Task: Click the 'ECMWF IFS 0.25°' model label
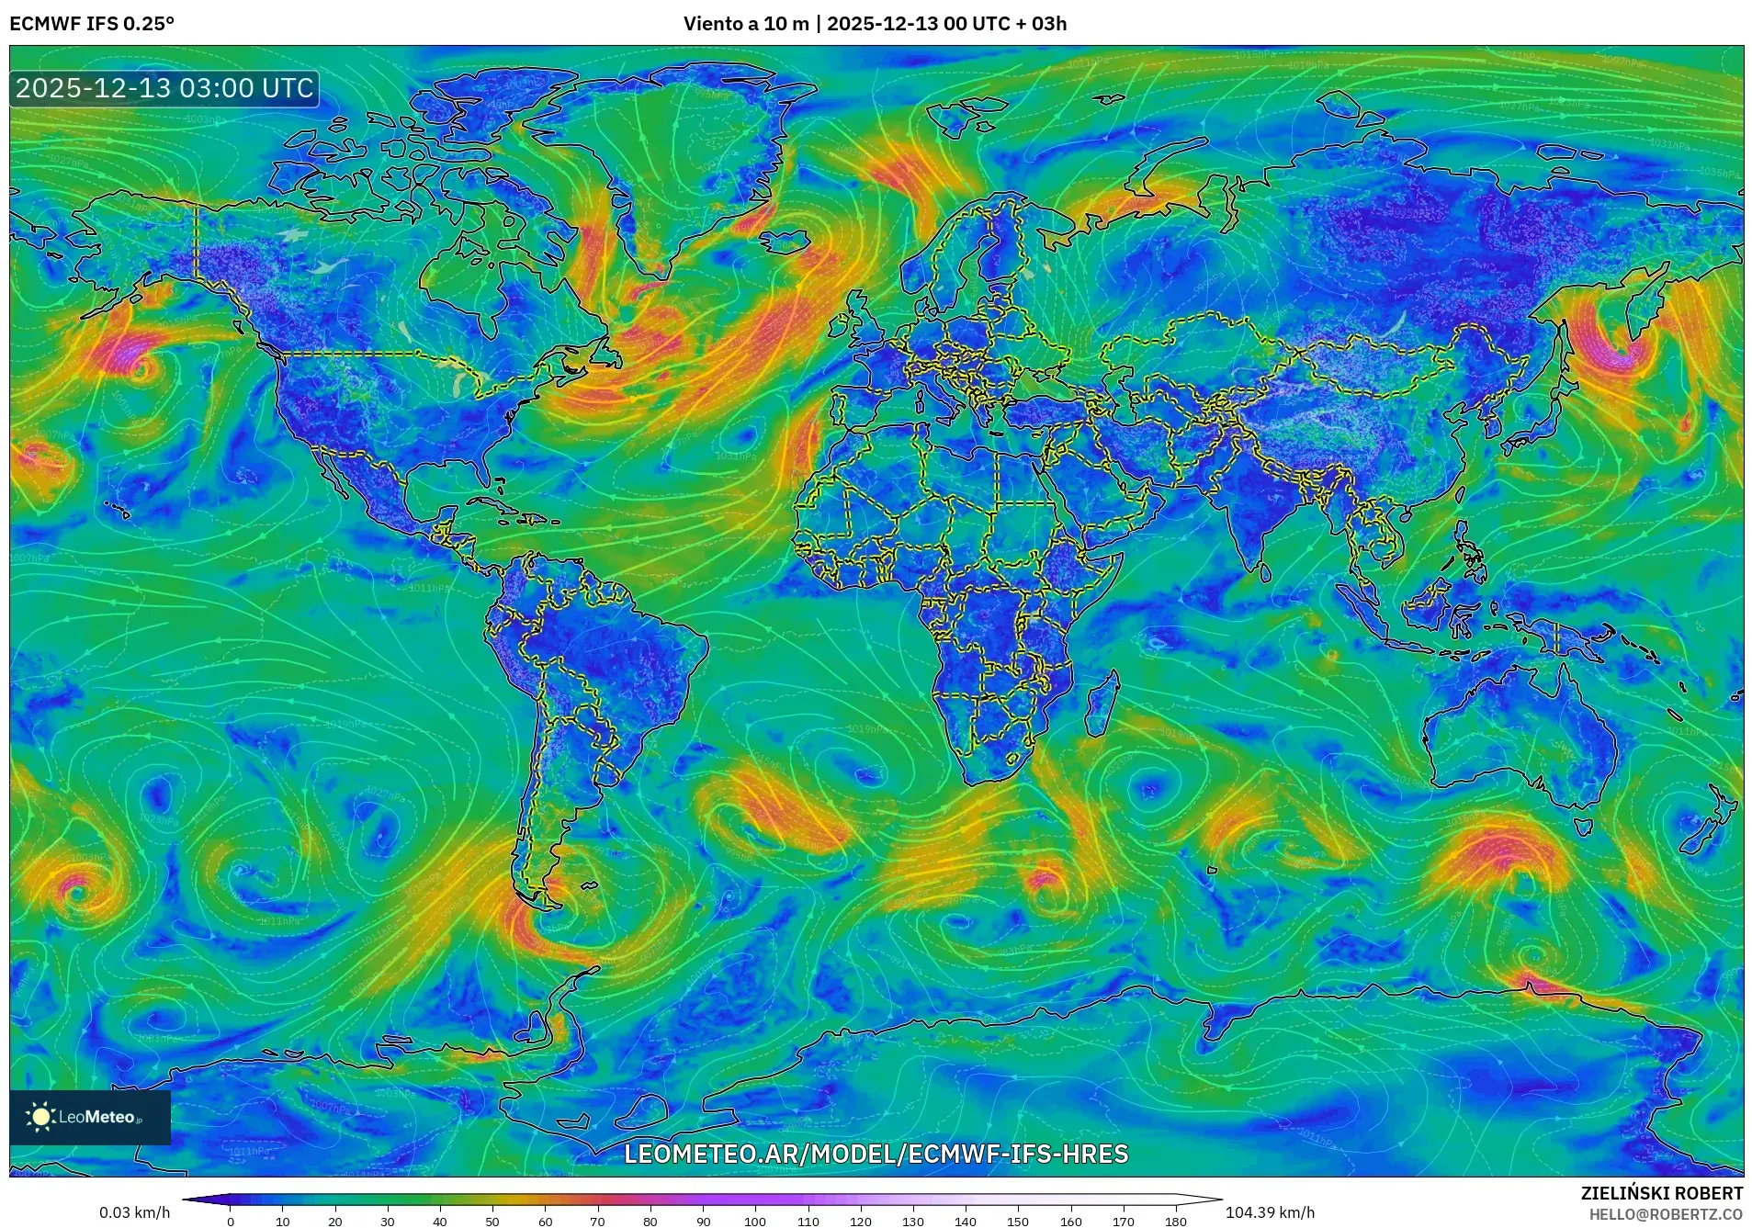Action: (92, 24)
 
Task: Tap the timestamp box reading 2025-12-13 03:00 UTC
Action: (164, 88)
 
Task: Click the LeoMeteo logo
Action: (89, 1117)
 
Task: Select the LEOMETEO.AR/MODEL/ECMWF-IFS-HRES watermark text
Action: (876, 1154)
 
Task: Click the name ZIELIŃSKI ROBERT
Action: (1661, 1193)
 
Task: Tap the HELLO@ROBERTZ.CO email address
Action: (1666, 1213)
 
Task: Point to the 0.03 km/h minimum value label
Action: (134, 1212)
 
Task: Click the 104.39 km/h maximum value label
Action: (1270, 1212)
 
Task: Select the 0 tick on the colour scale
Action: (231, 1221)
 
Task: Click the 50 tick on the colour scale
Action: (492, 1221)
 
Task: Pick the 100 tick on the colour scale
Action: (755, 1221)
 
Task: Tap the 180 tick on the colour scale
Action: (1175, 1221)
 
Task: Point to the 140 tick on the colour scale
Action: (965, 1221)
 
